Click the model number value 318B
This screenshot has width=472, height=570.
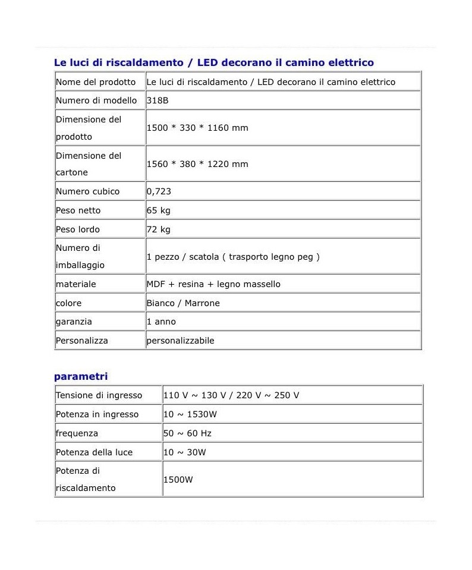[x=158, y=100]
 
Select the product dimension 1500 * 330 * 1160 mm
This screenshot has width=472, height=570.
[x=197, y=128]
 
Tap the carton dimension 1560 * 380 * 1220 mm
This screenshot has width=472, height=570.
[x=197, y=164]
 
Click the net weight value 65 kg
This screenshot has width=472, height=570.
[x=159, y=210]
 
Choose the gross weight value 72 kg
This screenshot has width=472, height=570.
[x=159, y=229]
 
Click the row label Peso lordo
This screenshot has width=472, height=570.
[x=78, y=229]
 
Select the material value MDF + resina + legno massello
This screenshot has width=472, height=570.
[x=213, y=284]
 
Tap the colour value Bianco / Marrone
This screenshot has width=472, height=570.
[x=183, y=303]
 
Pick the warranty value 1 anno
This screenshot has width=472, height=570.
[x=161, y=322]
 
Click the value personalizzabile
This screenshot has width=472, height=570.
[x=180, y=341]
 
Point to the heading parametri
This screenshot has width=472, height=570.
[x=81, y=376]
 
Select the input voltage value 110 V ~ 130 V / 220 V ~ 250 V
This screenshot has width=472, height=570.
[x=231, y=395]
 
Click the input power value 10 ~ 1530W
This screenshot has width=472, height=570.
[x=190, y=414]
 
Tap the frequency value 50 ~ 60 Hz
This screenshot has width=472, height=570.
[x=187, y=433]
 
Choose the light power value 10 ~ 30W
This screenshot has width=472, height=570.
[x=185, y=452]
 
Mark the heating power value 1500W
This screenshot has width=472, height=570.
[x=178, y=480]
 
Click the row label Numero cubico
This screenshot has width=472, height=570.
[x=87, y=191]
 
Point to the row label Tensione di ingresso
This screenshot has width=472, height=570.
[x=99, y=395]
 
